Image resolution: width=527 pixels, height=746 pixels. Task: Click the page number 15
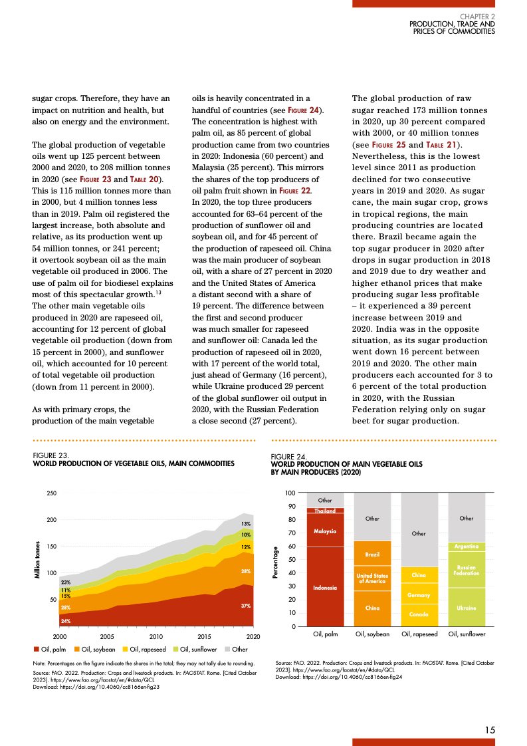pos(489,729)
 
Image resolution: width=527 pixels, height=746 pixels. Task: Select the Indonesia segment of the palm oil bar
pos(326,587)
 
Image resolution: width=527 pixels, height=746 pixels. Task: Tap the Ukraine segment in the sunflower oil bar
pos(467,608)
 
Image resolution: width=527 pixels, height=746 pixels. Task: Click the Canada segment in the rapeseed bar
pos(419,615)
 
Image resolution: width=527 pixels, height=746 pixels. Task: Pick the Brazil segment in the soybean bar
pos(372,554)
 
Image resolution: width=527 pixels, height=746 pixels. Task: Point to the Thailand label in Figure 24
pos(326,511)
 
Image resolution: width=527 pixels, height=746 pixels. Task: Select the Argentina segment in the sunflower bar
pos(467,547)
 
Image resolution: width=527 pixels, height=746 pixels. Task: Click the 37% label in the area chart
pos(245,606)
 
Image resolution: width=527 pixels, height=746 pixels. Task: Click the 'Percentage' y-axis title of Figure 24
pos(275,561)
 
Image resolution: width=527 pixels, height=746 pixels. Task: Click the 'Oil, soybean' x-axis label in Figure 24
pos(372,635)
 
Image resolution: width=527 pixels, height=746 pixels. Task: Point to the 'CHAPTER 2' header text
pos(477,16)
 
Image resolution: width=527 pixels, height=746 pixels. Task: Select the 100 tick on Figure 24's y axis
pos(290,493)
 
